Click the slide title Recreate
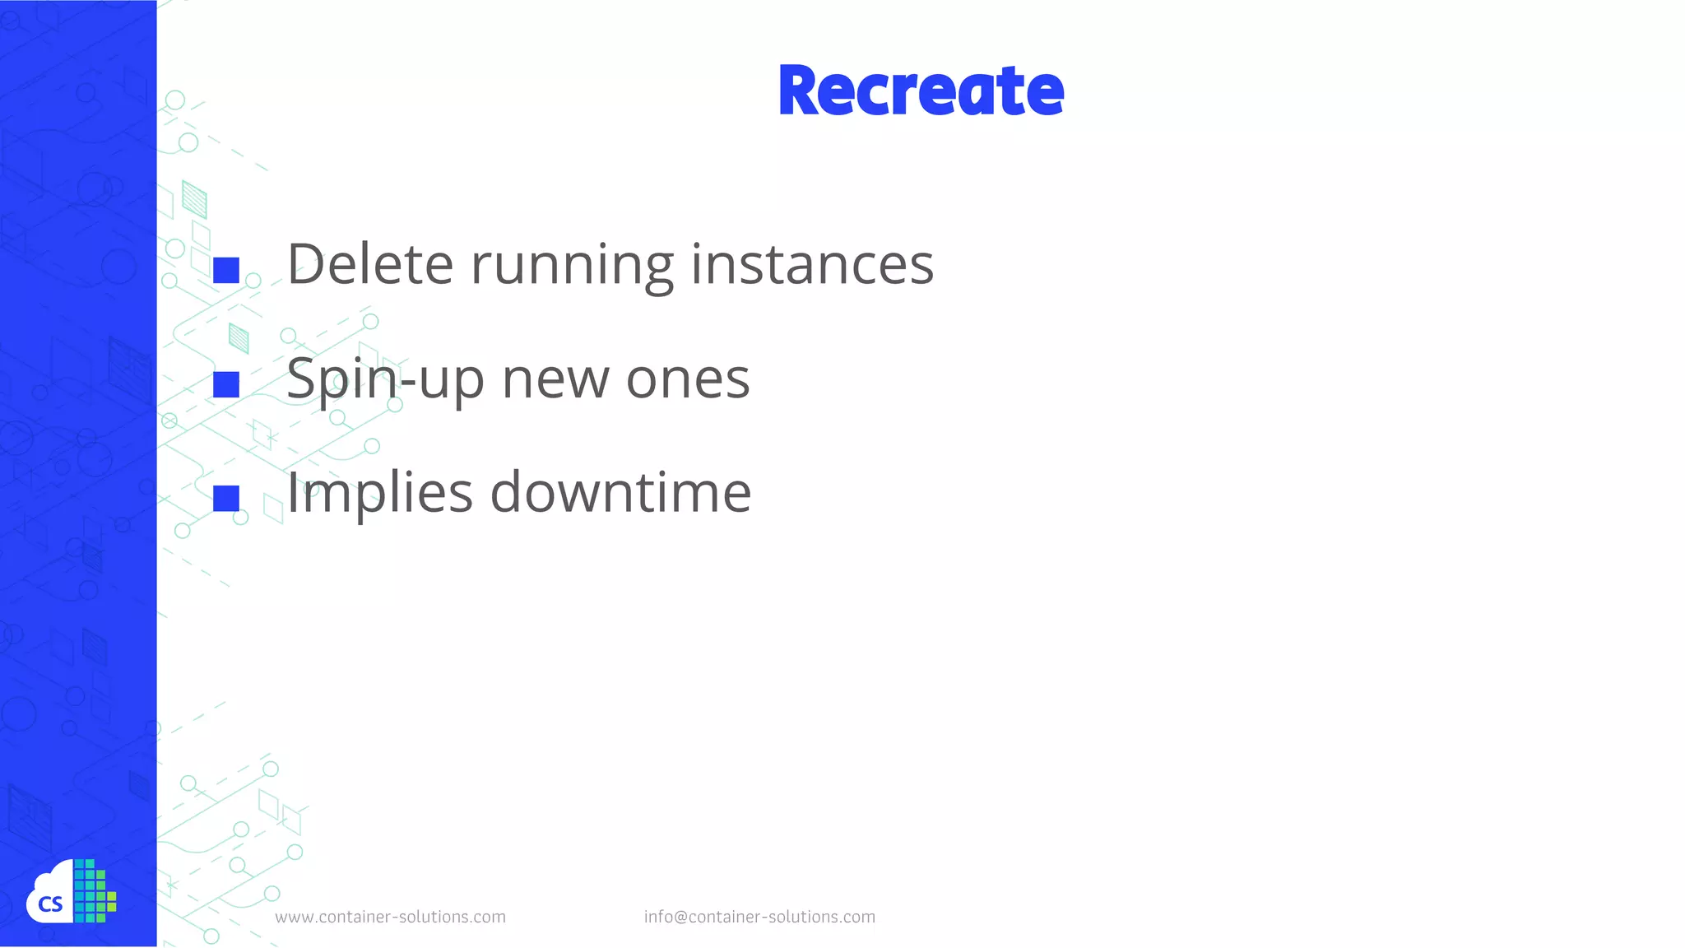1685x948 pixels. [x=921, y=91]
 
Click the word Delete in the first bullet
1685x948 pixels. [x=369, y=264]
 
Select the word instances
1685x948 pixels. [x=812, y=264]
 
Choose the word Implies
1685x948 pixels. [x=379, y=494]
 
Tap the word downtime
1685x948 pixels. [x=620, y=492]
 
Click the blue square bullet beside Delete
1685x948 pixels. [x=226, y=270]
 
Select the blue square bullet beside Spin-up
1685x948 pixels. [x=226, y=384]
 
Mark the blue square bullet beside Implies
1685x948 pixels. [x=226, y=498]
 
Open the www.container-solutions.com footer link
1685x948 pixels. [x=390, y=917]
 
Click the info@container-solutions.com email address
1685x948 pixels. [x=759, y=917]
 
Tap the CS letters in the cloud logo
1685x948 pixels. [x=50, y=905]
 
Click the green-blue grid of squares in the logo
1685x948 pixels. [x=94, y=891]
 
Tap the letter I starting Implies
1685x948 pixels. [x=291, y=492]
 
